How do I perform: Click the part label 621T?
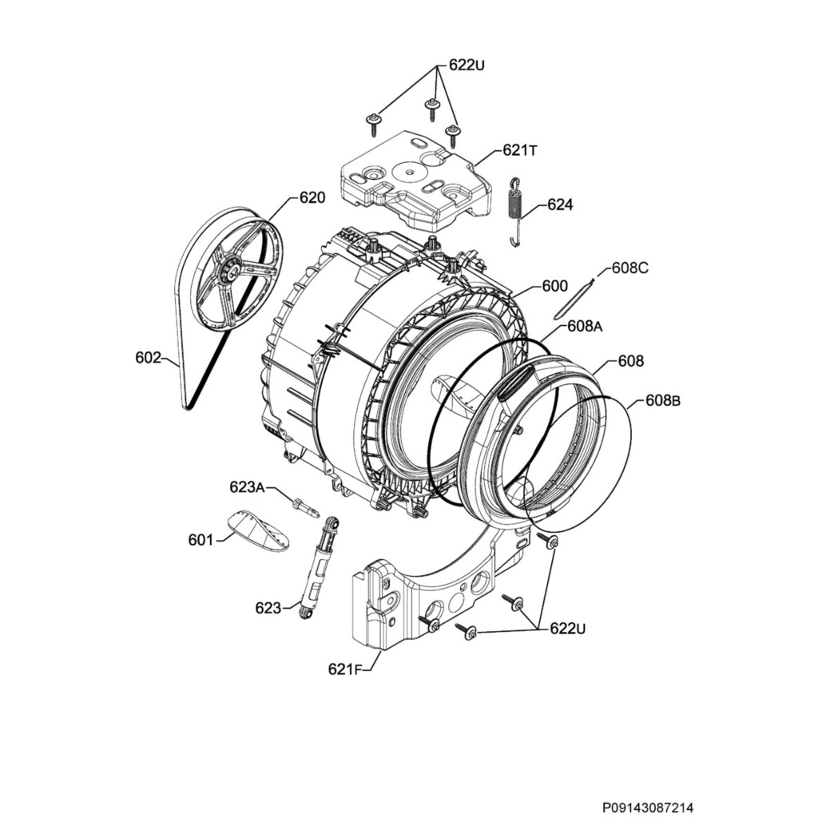[519, 150]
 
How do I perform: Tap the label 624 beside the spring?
[560, 205]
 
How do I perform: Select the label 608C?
[630, 268]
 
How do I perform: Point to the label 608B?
[663, 401]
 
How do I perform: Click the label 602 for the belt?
[149, 358]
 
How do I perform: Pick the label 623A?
[247, 486]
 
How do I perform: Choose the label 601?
[201, 540]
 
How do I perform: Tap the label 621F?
[345, 669]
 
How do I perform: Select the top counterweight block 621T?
[415, 177]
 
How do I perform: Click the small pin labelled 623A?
[305, 506]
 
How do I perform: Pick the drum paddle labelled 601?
[257, 531]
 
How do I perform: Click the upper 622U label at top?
[467, 66]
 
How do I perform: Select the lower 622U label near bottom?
[568, 629]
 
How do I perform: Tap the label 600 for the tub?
[554, 286]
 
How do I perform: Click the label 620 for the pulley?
[312, 197]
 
